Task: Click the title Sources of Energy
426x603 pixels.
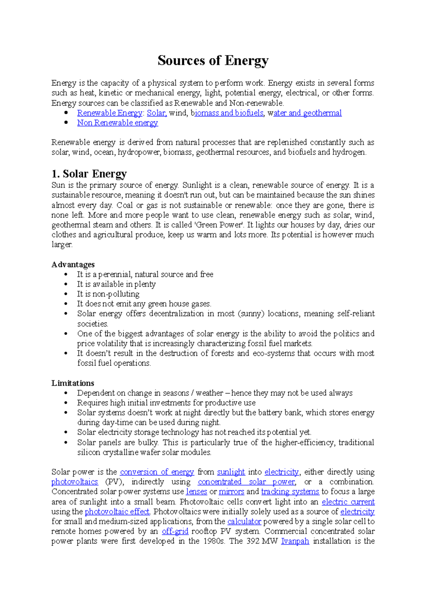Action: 213,61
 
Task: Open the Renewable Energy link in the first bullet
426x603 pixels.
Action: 110,113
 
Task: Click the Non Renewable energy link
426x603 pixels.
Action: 118,123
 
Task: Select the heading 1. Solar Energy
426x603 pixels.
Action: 89,174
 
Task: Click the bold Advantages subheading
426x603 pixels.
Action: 73,265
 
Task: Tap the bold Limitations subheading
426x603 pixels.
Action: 73,383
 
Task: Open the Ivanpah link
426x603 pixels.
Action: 295,541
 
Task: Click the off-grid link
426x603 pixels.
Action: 175,531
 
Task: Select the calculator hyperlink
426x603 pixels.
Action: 244,521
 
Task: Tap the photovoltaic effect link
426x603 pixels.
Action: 117,512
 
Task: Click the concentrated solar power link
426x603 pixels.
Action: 246,482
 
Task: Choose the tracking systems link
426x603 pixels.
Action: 290,492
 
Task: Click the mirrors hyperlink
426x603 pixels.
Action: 231,492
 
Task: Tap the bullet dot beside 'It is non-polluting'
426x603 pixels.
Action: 66,294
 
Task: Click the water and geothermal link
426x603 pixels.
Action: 305,113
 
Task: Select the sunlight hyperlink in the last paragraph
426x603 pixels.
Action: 231,472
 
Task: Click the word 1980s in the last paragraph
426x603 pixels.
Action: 214,541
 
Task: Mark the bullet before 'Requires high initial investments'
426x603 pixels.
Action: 66,403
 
